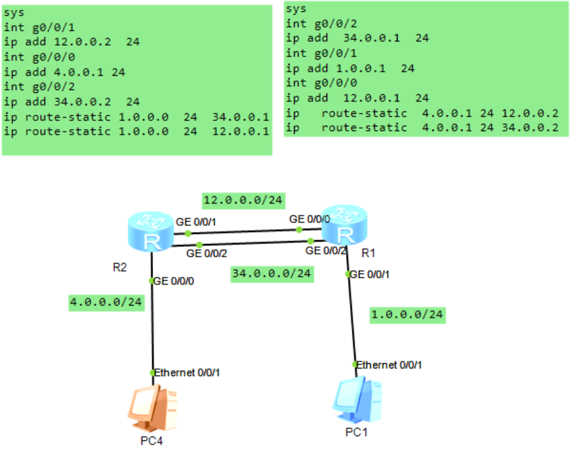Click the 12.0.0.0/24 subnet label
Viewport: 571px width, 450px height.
pyautogui.click(x=243, y=201)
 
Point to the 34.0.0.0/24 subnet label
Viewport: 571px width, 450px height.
pyautogui.click(x=272, y=273)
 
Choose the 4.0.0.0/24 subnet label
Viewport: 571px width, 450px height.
pyautogui.click(x=106, y=303)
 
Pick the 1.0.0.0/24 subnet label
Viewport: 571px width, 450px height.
pyautogui.click(x=407, y=314)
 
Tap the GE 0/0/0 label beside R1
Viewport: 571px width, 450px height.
pyautogui.click(x=309, y=219)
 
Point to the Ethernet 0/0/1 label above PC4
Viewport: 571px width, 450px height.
pyautogui.click(x=187, y=372)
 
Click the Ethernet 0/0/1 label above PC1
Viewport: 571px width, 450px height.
pyautogui.click(x=389, y=365)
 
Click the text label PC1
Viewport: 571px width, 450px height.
pyautogui.click(x=356, y=432)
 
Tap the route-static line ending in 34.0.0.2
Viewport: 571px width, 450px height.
pyautogui.click(x=422, y=128)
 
